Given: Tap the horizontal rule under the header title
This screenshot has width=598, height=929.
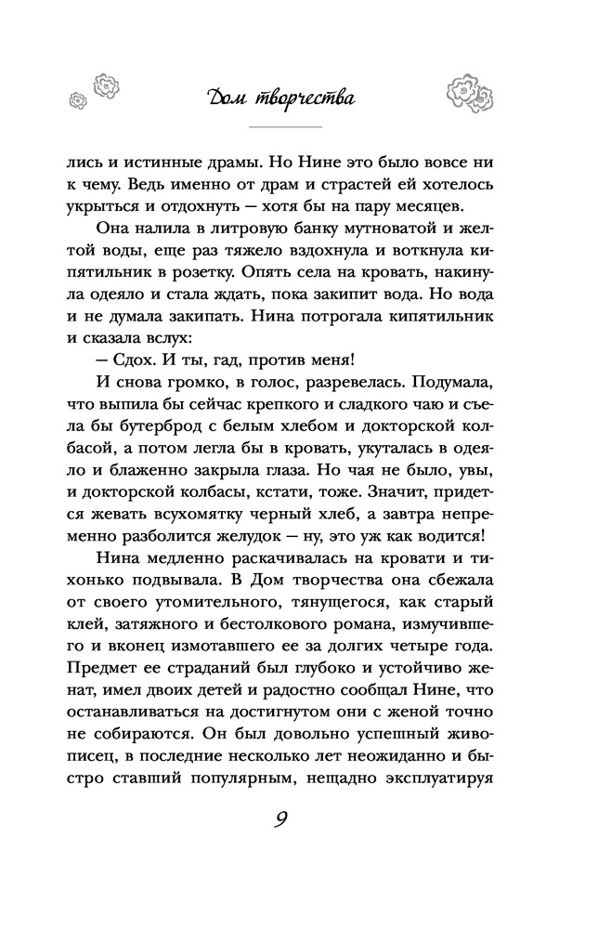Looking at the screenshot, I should pyautogui.click(x=284, y=125).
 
